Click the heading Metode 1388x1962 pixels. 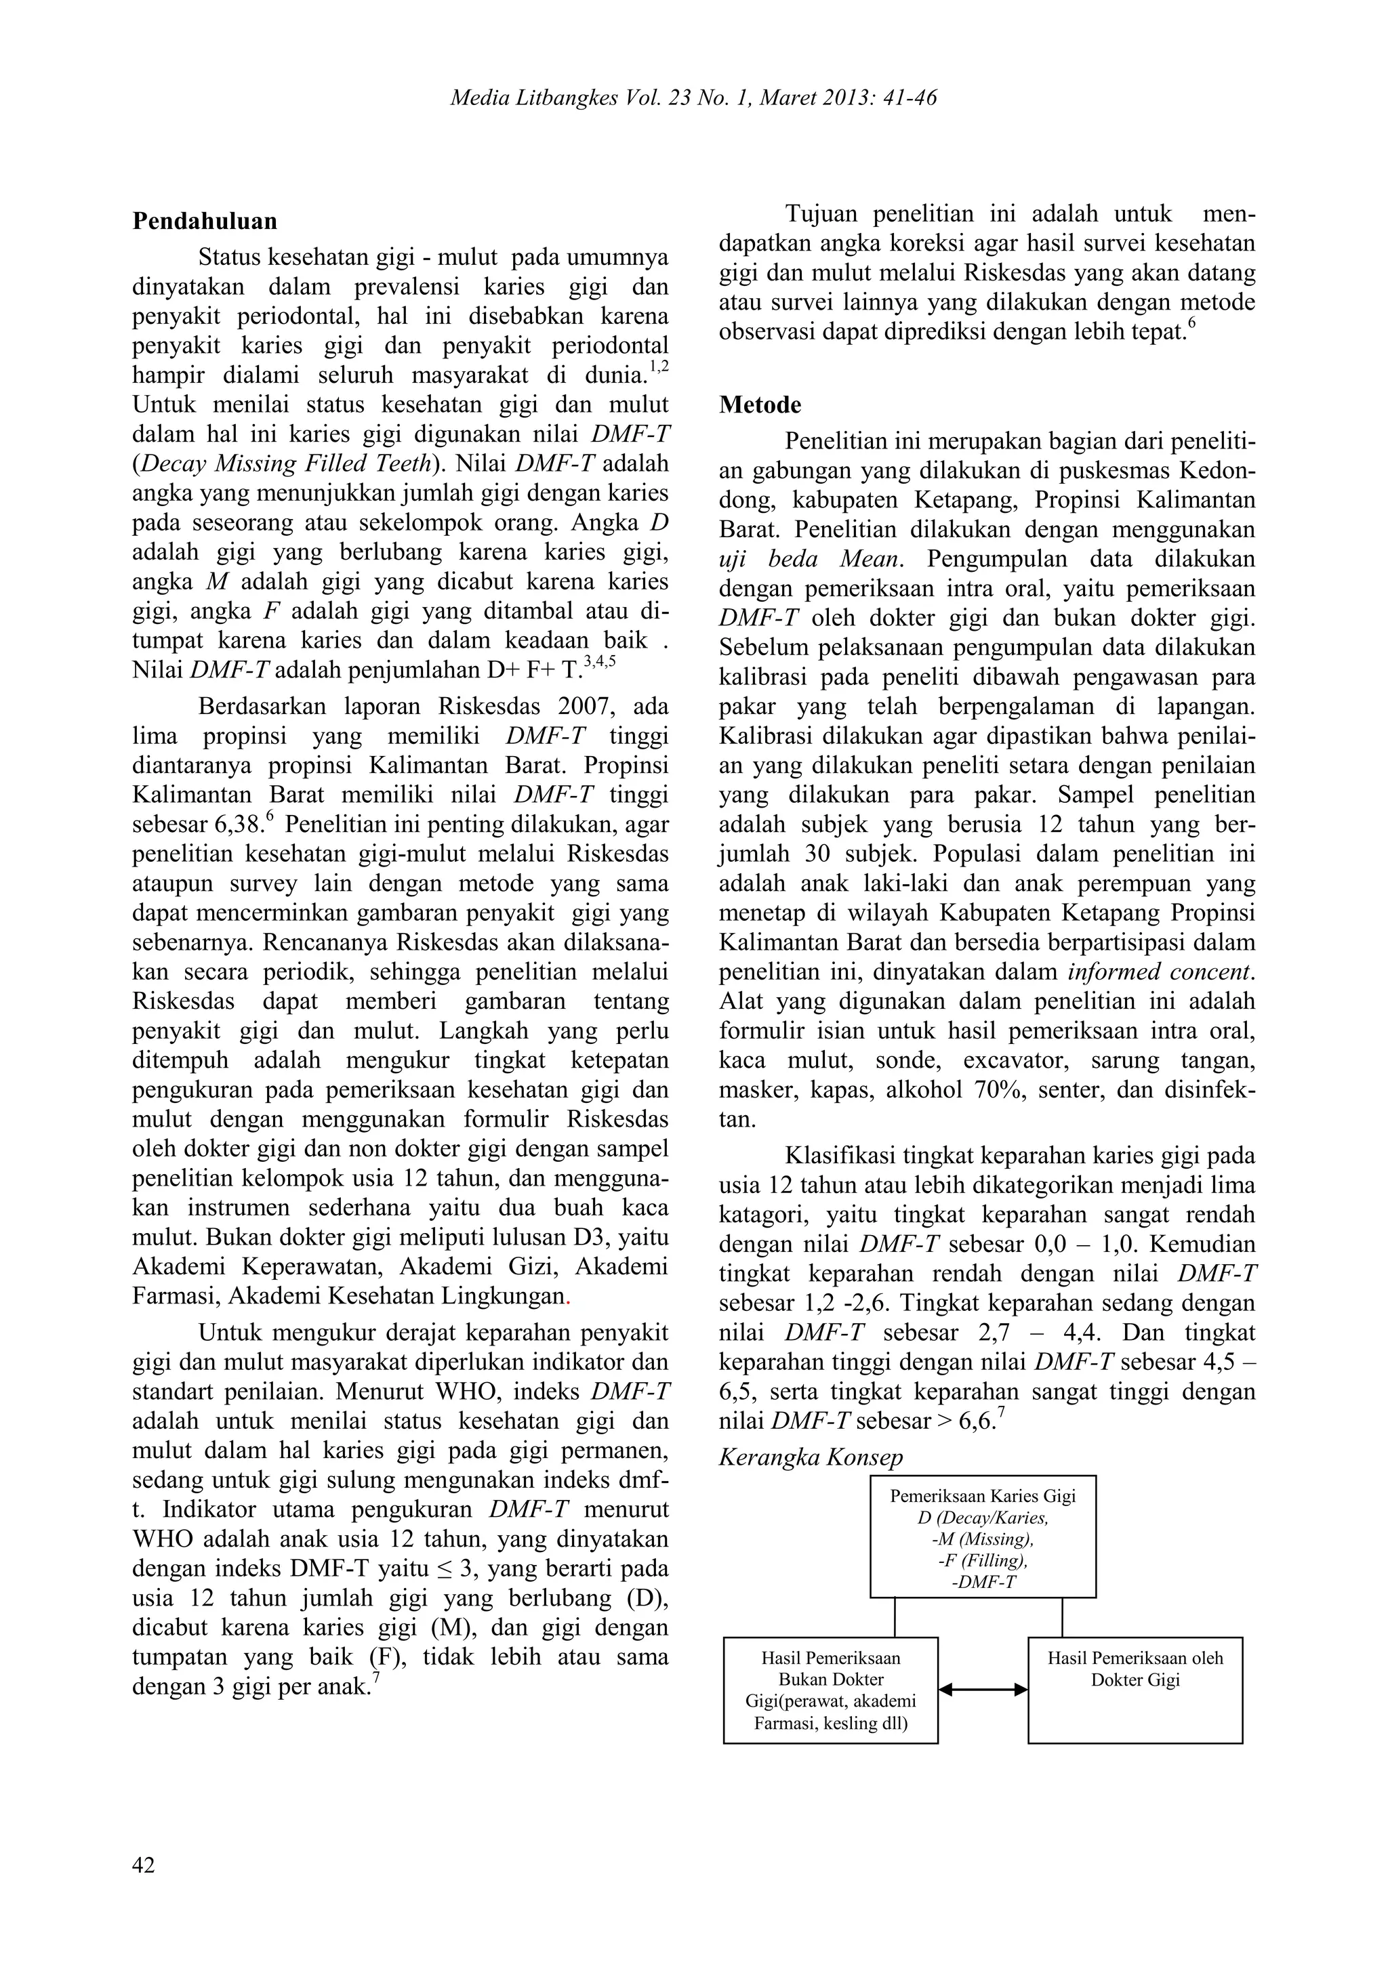760,404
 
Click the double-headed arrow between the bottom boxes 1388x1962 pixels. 982,1690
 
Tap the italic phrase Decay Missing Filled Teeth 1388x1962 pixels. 285,464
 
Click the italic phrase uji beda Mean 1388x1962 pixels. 809,560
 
